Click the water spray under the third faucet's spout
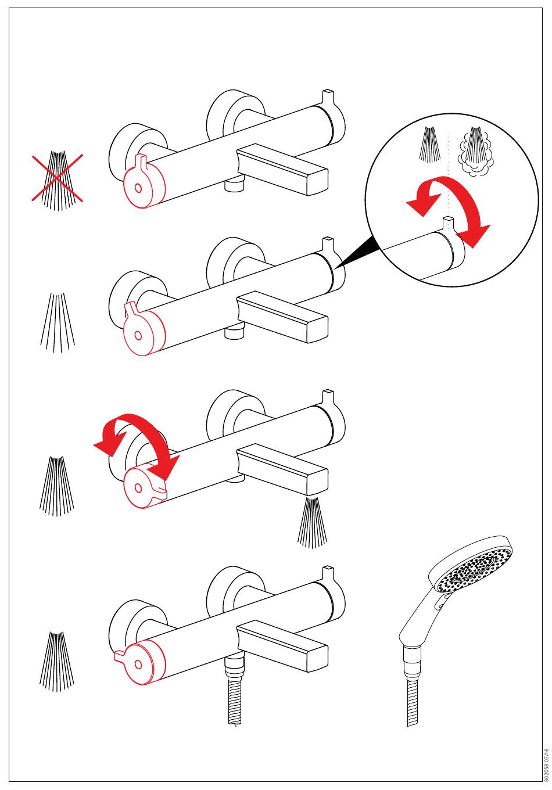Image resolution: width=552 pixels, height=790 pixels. coord(313,522)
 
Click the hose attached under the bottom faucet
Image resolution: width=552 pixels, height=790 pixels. coord(234,691)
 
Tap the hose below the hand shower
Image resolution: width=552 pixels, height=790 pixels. coord(412,691)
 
